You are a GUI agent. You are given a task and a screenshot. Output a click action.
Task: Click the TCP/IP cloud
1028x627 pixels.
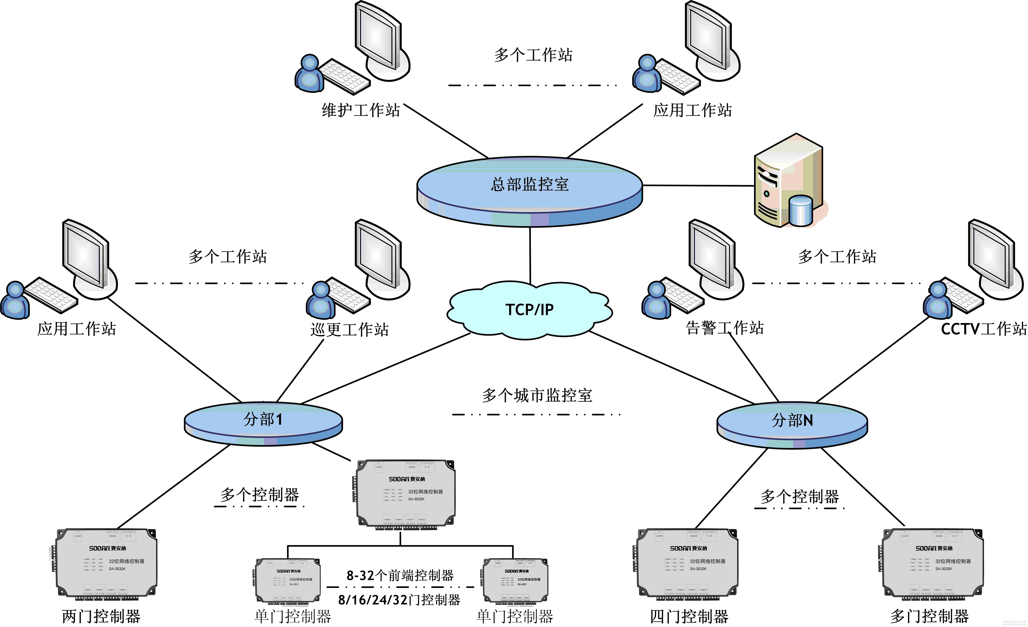pos(529,310)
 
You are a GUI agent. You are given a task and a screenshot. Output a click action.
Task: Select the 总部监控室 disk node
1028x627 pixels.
pos(529,190)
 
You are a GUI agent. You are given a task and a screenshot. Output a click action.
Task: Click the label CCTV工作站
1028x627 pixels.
pos(983,329)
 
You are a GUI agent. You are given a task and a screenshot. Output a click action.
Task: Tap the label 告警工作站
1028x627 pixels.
pos(725,328)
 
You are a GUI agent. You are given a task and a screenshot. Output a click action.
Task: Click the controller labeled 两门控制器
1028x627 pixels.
pos(106,563)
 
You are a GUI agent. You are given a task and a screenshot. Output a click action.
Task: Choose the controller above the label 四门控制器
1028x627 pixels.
pos(687,563)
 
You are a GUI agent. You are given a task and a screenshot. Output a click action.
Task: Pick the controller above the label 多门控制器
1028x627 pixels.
pos(932,563)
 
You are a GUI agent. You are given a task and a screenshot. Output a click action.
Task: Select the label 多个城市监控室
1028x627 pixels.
pos(537,395)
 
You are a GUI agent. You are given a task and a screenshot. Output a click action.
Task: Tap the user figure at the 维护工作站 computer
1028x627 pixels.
pos(309,74)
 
